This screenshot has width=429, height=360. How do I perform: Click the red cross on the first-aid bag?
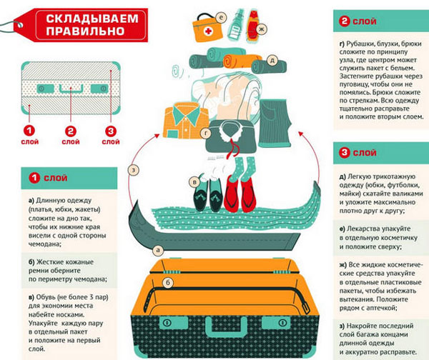point(209,31)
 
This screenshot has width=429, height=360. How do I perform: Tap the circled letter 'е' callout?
point(221,18)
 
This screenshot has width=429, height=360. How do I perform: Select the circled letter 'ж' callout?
point(261,29)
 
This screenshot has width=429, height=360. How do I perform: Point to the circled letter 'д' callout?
point(272,61)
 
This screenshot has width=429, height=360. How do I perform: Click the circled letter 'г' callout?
point(205,133)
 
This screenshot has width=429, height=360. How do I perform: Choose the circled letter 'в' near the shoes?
point(194,182)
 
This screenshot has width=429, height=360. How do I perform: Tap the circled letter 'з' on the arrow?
point(134,171)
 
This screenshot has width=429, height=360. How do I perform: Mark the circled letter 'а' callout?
point(157,250)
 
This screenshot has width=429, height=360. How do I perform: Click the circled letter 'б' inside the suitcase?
point(168,283)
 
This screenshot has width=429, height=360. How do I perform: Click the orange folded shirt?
point(186,120)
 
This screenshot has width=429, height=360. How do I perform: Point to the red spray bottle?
point(252,26)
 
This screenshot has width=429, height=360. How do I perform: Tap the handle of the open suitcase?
point(226,326)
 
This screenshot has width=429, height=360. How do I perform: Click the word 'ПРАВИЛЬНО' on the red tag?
point(85,31)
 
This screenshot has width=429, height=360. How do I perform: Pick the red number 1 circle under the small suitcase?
point(29,131)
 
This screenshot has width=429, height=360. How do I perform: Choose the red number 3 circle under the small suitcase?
point(111,131)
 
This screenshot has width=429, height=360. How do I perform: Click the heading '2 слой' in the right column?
point(358,21)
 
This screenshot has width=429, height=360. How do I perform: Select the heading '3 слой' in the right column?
point(358,153)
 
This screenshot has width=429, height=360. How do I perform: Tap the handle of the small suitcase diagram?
point(71,89)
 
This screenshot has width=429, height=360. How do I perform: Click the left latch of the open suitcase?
point(174,323)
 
